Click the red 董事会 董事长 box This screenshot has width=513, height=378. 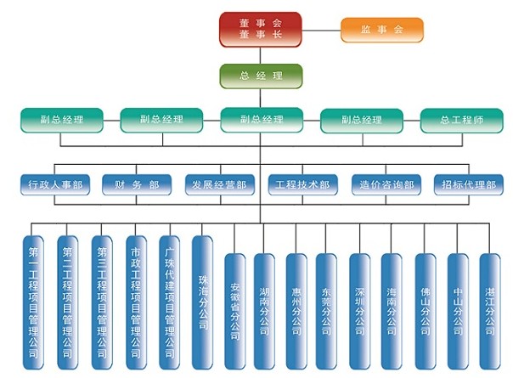coord(260,30)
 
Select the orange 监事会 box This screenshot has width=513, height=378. coord(381,30)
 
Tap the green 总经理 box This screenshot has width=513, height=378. coord(260,76)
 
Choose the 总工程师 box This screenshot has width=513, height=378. coord(461,120)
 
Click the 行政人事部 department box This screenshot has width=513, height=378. coord(56,184)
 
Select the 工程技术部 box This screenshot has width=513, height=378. coord(302,184)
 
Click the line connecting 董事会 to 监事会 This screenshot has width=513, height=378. coord(321,31)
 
